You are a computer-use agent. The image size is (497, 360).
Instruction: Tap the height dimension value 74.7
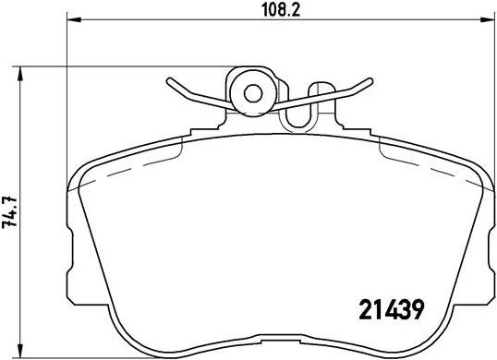[x=11, y=211]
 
